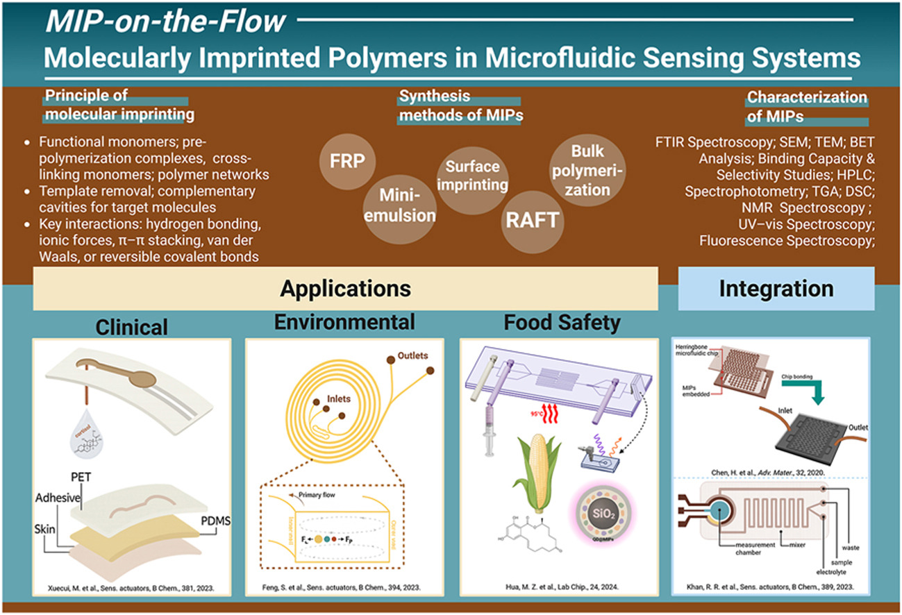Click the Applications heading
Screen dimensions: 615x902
tap(345, 287)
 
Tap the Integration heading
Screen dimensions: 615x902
tap(775, 287)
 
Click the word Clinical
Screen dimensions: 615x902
tap(132, 326)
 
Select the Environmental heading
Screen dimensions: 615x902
tap(345, 323)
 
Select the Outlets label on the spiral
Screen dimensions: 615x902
tap(413, 356)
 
